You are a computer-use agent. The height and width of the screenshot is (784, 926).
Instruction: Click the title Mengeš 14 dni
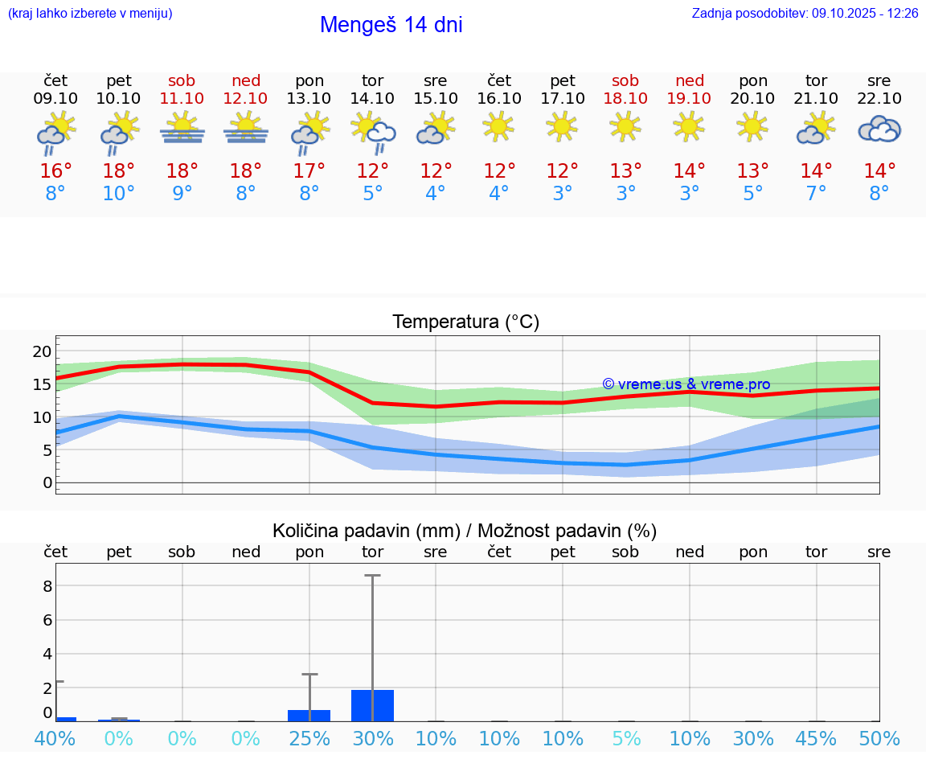(x=391, y=25)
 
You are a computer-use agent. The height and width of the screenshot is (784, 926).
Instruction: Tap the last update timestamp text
(x=805, y=14)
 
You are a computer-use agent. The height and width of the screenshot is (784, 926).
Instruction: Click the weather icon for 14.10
(x=372, y=132)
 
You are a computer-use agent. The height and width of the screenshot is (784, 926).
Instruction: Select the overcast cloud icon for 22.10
(x=879, y=129)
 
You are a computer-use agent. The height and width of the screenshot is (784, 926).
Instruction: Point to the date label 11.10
(x=182, y=99)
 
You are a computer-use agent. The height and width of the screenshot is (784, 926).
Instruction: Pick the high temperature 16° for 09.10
(x=55, y=171)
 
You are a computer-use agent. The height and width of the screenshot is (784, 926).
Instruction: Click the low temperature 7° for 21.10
(x=816, y=194)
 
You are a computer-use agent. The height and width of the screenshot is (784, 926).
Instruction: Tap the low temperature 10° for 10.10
(x=118, y=194)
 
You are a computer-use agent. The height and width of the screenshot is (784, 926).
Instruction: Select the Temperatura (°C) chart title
(x=465, y=322)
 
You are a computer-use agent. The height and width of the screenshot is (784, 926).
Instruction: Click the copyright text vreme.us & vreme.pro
(x=686, y=384)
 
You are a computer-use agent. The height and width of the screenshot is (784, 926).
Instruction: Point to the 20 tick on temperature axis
(x=42, y=351)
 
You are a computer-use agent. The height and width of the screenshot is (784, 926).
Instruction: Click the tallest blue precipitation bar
(x=372, y=705)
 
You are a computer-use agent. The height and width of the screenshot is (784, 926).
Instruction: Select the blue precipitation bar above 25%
(x=309, y=715)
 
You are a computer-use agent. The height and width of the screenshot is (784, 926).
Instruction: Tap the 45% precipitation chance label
(x=816, y=738)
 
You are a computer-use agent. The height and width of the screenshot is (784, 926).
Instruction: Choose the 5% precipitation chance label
(x=625, y=738)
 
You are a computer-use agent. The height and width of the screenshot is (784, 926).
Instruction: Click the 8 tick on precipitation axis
(x=47, y=586)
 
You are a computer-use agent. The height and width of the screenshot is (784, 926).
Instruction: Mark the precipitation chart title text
(x=465, y=531)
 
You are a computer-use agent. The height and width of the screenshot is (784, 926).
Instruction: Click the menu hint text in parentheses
(x=90, y=14)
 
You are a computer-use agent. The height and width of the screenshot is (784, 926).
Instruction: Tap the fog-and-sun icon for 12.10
(x=245, y=129)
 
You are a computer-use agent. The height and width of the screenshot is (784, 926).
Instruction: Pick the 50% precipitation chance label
(x=879, y=738)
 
